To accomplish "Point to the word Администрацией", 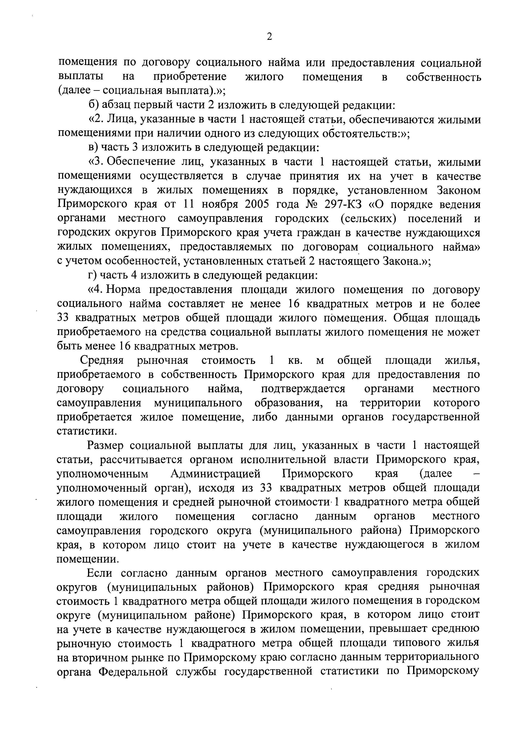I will click(215, 474).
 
